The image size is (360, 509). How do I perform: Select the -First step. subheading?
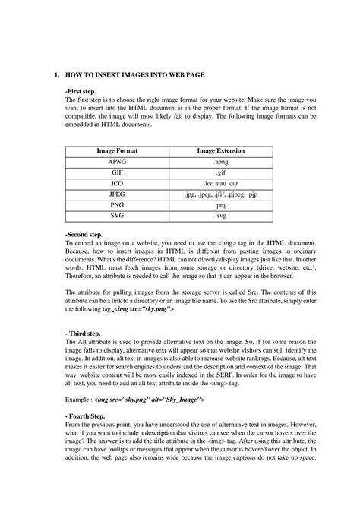point(82,91)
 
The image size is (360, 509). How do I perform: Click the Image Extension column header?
point(220,151)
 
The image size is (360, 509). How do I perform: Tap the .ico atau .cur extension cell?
point(220,183)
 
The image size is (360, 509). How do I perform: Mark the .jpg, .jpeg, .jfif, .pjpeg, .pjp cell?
point(220,194)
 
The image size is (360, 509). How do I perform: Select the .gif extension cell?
point(220,172)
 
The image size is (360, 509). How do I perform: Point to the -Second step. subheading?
point(86,234)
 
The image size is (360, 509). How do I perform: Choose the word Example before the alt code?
point(81,398)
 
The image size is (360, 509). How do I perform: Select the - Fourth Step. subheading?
point(87,416)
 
